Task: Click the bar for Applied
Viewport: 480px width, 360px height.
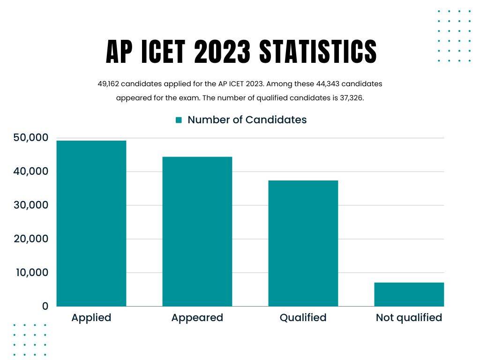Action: (x=91, y=224)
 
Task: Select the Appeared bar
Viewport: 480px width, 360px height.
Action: (x=197, y=232)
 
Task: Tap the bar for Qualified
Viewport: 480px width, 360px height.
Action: (x=303, y=243)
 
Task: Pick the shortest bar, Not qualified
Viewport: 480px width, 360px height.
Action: (x=409, y=294)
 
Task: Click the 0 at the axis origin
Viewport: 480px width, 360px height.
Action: (x=45, y=306)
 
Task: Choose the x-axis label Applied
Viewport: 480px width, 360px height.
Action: (x=91, y=318)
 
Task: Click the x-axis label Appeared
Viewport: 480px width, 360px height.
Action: (x=197, y=318)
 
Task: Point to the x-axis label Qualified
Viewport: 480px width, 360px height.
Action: (x=303, y=318)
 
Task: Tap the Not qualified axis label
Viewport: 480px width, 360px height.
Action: (x=409, y=318)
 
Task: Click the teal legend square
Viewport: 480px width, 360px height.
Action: (x=179, y=120)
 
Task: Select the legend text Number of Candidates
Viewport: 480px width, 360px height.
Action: (x=247, y=120)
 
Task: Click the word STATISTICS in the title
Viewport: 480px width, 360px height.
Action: (x=318, y=52)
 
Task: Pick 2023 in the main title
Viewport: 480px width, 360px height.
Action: (x=223, y=52)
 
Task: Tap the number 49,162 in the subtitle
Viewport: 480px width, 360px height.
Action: (x=107, y=84)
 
